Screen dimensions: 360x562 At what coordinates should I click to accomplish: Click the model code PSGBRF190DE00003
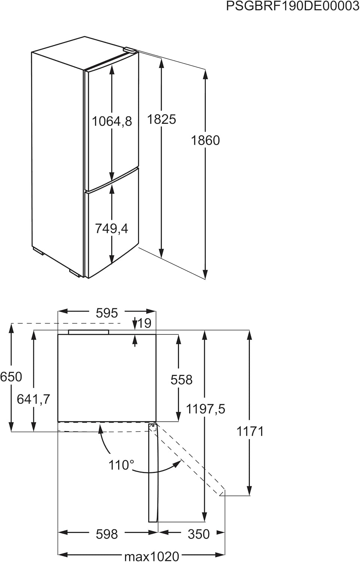point(293,6)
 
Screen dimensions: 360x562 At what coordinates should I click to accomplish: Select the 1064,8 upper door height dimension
point(112,121)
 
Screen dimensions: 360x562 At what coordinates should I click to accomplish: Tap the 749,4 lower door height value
point(111,229)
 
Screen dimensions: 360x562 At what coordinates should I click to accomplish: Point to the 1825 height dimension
point(161,120)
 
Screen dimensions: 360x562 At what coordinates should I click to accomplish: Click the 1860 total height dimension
point(205,140)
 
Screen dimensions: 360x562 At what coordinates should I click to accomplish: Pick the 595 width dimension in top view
point(107,313)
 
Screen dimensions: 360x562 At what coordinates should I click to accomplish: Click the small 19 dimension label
point(145,323)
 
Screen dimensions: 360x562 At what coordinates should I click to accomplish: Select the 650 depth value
point(11,377)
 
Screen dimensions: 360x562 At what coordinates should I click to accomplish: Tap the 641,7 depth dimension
point(34,399)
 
